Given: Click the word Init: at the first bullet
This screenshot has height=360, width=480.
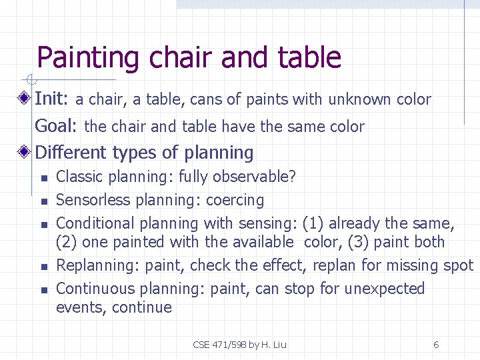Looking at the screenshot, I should (x=51, y=99).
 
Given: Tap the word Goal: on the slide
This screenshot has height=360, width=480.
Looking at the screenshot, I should (x=57, y=126).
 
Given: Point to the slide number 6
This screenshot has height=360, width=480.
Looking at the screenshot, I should (x=436, y=345).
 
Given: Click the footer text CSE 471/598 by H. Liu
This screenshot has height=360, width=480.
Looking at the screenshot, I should (x=239, y=345).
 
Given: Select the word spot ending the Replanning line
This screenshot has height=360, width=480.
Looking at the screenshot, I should (x=458, y=265).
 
